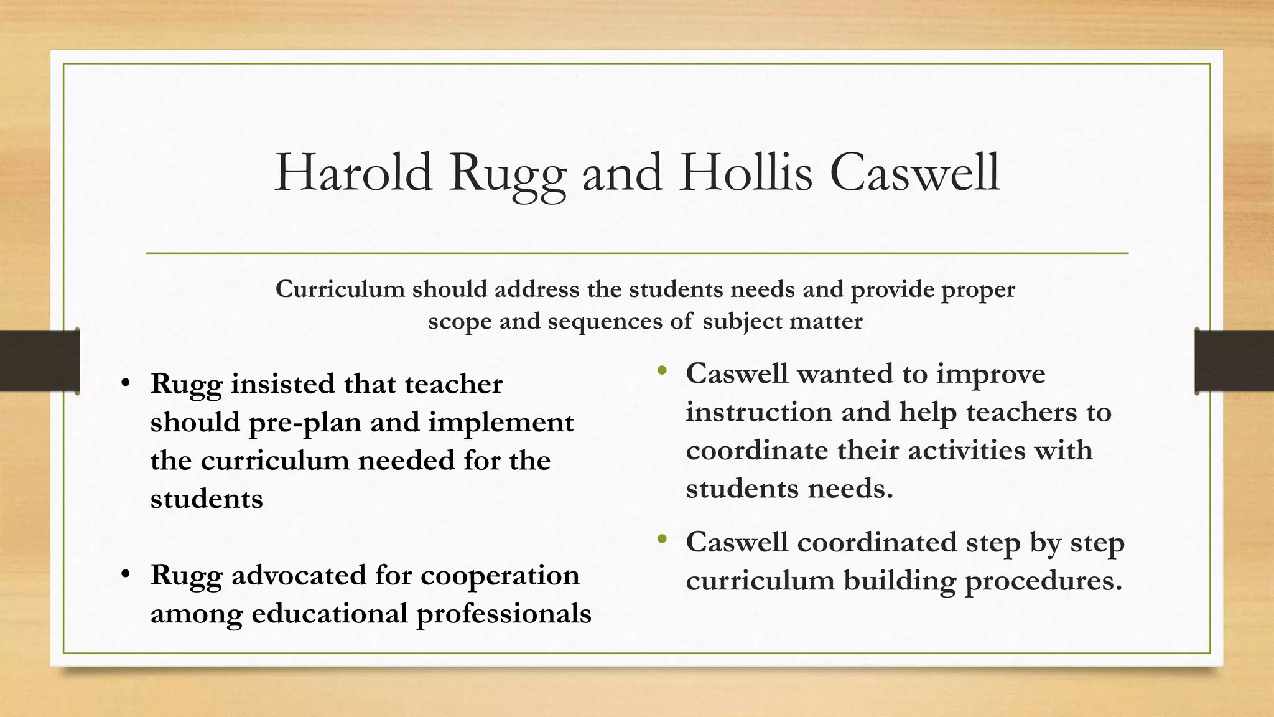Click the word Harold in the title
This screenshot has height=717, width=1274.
click(353, 172)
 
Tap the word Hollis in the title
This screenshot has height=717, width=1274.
click(746, 172)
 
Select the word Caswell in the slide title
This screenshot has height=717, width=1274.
click(914, 172)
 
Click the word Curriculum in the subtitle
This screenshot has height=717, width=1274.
click(340, 289)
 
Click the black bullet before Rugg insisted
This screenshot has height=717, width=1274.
click(126, 383)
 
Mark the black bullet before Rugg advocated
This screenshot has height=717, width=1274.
click(126, 574)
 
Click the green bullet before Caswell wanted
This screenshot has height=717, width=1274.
click(662, 372)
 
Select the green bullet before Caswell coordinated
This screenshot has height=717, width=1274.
click(662, 540)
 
